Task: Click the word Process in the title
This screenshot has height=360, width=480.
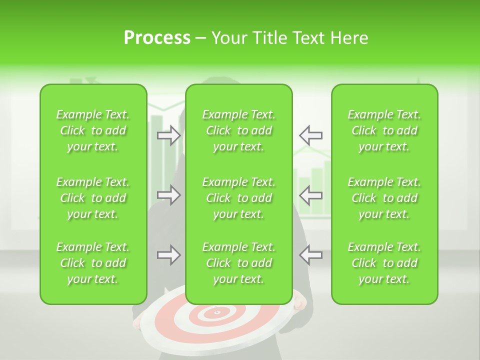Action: tap(157, 38)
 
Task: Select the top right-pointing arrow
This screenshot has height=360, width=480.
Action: tap(169, 135)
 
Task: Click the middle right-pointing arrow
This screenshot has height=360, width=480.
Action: tap(169, 195)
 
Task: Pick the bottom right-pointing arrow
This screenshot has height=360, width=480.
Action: tap(169, 255)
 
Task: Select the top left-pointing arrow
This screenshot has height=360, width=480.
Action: tap(310, 135)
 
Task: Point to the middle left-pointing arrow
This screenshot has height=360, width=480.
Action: tap(310, 195)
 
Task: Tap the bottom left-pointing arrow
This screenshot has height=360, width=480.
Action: tap(310, 255)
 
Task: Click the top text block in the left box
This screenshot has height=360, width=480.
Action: tap(93, 130)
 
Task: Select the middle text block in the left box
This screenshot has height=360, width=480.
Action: tap(93, 198)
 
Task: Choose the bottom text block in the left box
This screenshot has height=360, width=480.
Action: tap(93, 263)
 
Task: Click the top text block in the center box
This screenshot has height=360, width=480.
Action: tap(238, 130)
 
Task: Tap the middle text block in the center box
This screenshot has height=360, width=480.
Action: tap(238, 198)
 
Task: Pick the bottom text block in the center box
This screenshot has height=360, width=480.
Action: tap(238, 263)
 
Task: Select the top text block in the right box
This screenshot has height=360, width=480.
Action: tap(384, 130)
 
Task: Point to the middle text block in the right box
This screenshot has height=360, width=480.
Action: tap(384, 198)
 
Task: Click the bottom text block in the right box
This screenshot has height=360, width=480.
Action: tap(384, 263)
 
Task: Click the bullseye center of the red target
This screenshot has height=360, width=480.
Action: tap(217, 313)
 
